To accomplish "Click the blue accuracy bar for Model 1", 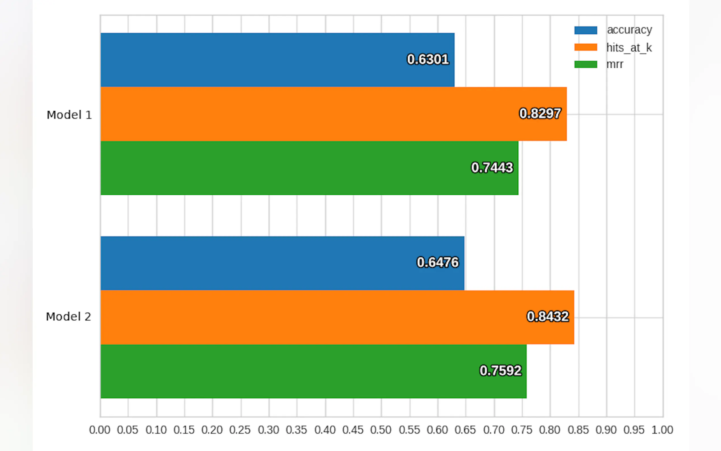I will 277,60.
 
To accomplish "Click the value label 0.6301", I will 428,59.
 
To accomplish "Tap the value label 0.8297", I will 540,113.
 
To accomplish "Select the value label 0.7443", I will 492,168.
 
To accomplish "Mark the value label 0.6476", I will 437,262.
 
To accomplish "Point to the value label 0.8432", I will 548,316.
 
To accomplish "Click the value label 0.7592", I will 500,371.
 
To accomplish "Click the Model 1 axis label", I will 69,115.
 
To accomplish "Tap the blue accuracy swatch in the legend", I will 585,30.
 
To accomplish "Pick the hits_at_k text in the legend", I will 629,48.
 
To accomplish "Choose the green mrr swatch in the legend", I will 585,64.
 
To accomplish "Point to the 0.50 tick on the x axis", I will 381,430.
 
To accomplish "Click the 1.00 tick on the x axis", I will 662,430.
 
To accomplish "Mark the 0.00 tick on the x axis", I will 100,430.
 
